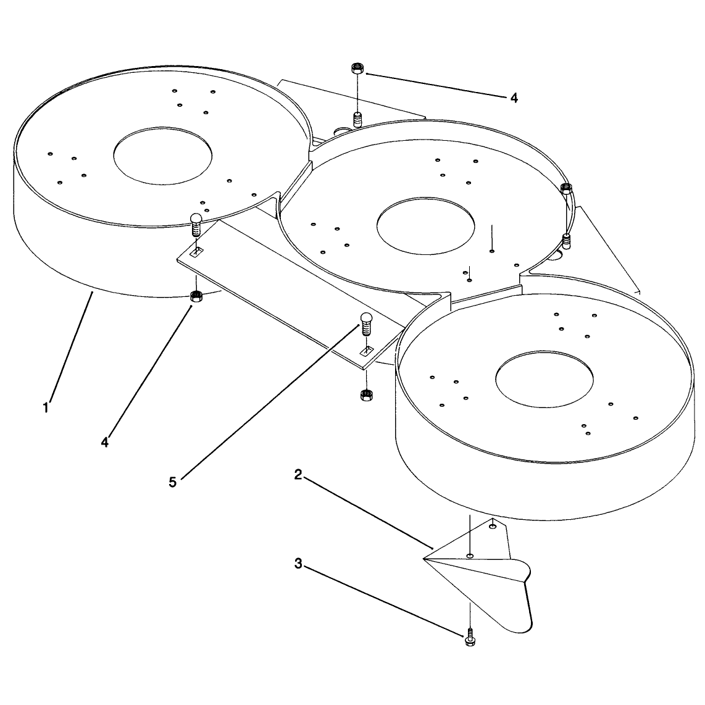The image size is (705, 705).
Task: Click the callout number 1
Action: point(46,408)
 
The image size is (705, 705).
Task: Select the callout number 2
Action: point(298,474)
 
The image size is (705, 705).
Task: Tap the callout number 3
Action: point(298,564)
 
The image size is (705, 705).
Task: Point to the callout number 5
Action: point(173,482)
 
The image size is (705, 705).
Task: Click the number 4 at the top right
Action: point(514,98)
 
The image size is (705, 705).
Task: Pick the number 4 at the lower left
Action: point(105,442)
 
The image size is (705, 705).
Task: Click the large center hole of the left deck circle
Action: point(163,156)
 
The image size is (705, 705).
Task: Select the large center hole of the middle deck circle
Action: point(426,226)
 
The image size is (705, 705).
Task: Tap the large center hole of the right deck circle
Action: point(544,380)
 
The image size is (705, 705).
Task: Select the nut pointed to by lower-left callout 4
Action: point(196,296)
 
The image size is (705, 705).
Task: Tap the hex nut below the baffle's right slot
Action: point(365,395)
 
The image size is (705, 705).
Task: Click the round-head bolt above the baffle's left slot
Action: point(196,224)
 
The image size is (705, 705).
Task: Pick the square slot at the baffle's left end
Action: point(197,251)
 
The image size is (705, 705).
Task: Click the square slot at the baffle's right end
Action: point(367,350)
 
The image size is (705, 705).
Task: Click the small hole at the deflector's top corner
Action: point(493,525)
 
